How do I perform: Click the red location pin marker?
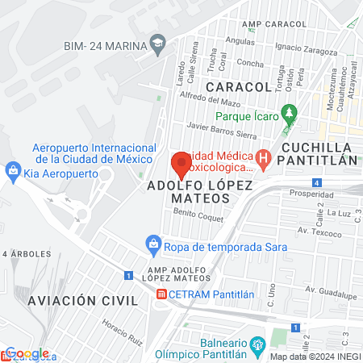click(x=181, y=165)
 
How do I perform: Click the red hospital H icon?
click(x=262, y=158)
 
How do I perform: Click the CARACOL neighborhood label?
click(x=237, y=86)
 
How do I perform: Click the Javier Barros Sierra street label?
click(x=220, y=127)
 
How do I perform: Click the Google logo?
click(x=27, y=353)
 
